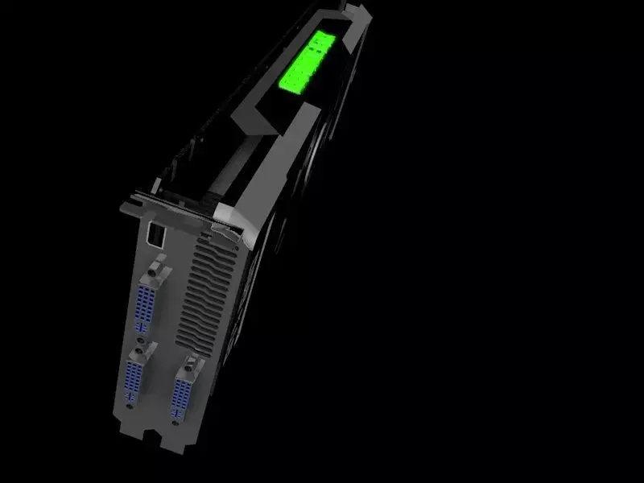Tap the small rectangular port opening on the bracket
pyautogui.click(x=155, y=234)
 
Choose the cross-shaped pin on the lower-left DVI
pyautogui.click(x=130, y=409)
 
